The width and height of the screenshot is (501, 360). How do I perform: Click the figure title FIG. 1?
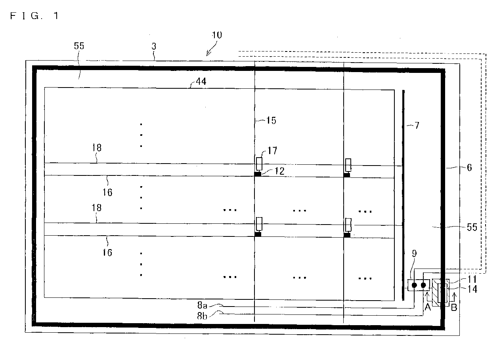(34, 15)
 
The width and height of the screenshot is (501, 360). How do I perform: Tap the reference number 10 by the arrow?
(217, 35)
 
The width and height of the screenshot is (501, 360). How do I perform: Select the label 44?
(201, 81)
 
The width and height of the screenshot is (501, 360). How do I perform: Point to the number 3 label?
(154, 46)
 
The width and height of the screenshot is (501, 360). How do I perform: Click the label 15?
(271, 121)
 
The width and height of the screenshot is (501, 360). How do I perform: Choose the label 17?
(272, 150)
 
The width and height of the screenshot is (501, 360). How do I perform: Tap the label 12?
(279, 171)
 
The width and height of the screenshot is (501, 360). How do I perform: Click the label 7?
(417, 126)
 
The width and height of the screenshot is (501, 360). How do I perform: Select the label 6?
(469, 168)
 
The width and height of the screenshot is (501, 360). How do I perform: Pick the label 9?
(414, 253)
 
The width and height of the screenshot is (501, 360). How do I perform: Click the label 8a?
(202, 305)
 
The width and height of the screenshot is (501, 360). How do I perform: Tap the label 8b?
(202, 316)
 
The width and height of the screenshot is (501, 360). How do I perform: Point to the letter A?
(428, 307)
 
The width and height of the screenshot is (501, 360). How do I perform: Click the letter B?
(454, 307)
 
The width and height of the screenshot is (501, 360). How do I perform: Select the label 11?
(472, 279)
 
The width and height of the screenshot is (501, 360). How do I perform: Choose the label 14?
(472, 289)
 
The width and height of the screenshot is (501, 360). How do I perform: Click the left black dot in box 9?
(414, 285)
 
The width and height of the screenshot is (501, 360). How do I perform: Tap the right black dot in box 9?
(423, 285)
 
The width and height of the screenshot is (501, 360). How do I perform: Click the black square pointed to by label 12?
(258, 174)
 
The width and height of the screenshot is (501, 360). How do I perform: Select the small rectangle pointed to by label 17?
(259, 164)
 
